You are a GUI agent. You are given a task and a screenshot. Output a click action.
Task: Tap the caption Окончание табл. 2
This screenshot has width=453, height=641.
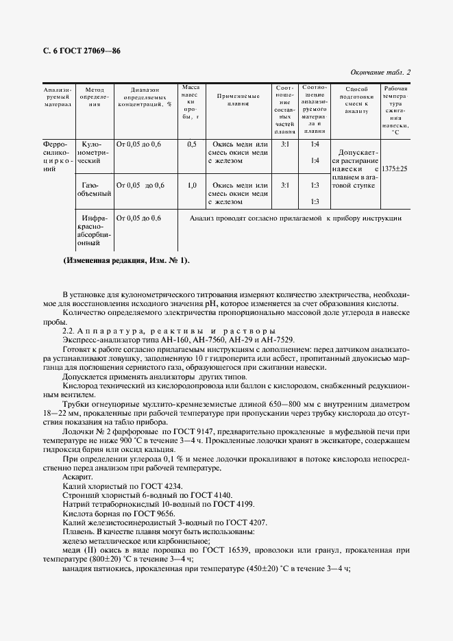pos(380,72)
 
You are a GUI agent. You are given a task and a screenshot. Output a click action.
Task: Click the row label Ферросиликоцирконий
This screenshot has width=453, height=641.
pos(57,157)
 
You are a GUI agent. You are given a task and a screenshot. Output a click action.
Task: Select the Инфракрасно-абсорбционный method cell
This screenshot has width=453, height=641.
pos(93,230)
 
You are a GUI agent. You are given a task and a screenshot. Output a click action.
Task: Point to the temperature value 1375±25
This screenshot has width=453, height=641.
pos(395,168)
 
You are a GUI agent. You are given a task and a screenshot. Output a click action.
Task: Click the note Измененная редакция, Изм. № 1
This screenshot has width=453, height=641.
pos(126,260)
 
